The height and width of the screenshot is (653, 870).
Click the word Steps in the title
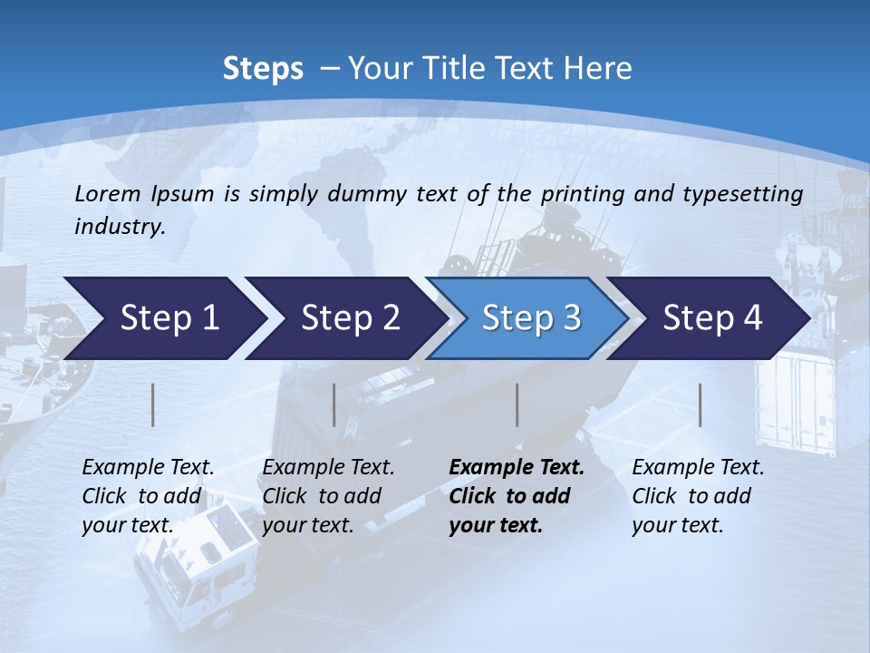(x=263, y=69)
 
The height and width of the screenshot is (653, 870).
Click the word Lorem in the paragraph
(x=106, y=193)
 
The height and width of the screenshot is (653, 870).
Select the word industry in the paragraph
(x=120, y=226)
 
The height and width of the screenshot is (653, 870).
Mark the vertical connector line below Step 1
(x=153, y=404)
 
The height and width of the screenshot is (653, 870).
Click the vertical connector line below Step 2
(x=334, y=404)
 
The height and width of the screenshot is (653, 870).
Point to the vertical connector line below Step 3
(x=517, y=404)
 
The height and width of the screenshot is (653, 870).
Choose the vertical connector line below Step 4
(x=700, y=404)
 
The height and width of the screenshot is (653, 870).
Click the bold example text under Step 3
(x=517, y=496)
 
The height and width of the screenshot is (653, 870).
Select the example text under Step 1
(x=148, y=496)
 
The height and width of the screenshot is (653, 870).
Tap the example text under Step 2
(x=328, y=496)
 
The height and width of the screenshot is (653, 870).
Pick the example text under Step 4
(x=698, y=496)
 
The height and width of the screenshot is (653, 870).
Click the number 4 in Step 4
(x=751, y=318)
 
